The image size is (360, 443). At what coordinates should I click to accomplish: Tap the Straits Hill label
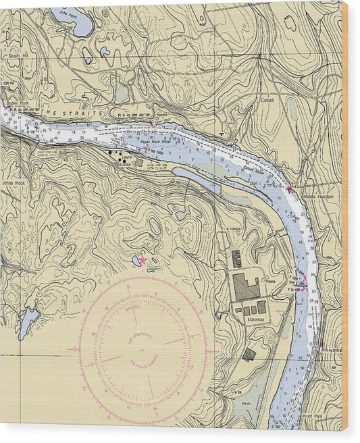(18, 57)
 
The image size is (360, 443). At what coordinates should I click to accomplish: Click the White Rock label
(13, 182)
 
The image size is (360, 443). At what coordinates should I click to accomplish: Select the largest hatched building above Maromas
(246, 286)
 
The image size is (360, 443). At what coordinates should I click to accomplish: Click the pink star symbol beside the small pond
(143, 261)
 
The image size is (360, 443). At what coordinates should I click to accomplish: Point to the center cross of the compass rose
(141, 350)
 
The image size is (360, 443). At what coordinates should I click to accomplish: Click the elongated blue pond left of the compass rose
(28, 321)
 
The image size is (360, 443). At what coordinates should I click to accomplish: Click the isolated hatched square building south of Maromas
(249, 354)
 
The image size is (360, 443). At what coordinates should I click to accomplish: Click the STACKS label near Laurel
(124, 164)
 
